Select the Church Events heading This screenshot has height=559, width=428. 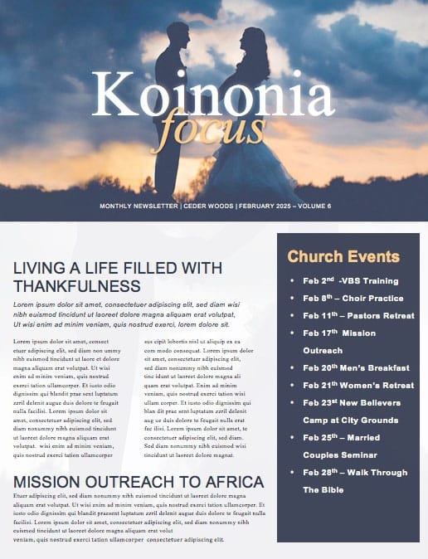[343, 256]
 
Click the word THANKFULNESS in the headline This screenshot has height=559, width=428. [77, 285]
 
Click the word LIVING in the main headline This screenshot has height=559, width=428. [41, 268]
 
